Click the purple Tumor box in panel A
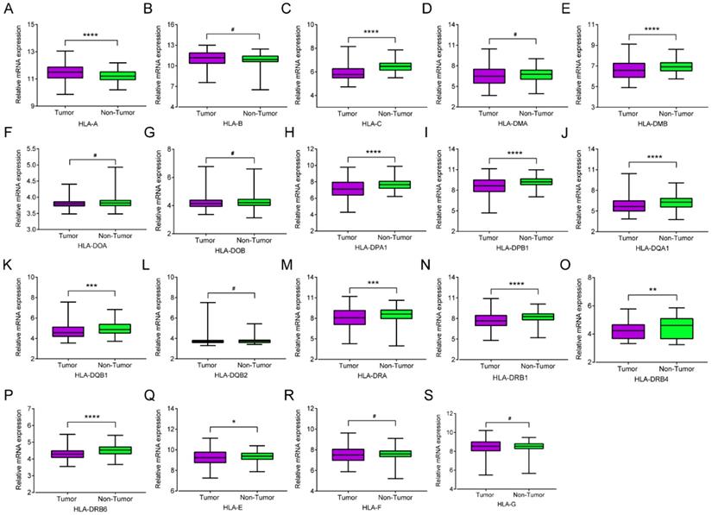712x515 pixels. tap(64, 72)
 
